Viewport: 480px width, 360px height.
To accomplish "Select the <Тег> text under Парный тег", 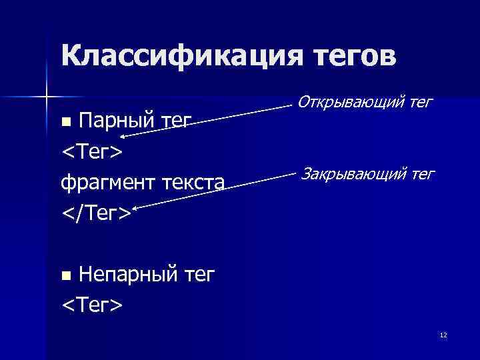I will [91, 151].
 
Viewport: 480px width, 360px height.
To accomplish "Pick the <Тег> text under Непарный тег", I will [91, 305].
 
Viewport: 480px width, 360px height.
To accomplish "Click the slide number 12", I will [443, 335].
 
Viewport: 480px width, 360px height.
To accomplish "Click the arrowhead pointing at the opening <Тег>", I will [125, 136].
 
